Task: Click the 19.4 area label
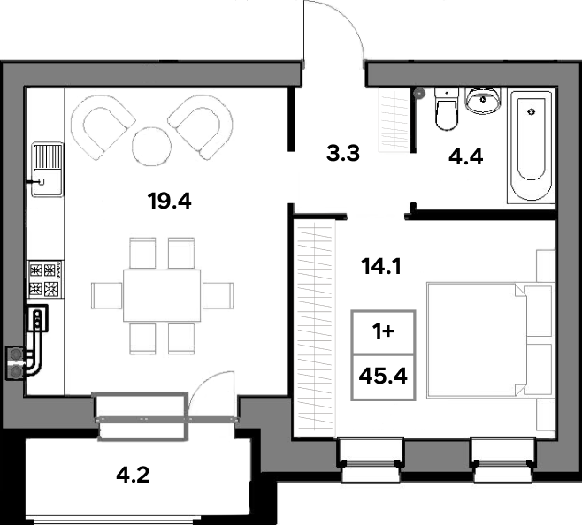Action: [x=169, y=202]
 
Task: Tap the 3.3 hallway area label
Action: [x=343, y=153]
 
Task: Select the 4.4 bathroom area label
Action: [x=466, y=156]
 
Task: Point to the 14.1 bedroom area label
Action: [x=381, y=266]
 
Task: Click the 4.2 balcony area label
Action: [x=133, y=475]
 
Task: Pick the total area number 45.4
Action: [x=383, y=376]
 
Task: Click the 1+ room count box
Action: [x=383, y=332]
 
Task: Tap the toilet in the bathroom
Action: [x=447, y=109]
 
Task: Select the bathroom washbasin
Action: [x=483, y=100]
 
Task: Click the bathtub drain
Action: [x=532, y=111]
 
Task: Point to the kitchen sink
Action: [x=47, y=170]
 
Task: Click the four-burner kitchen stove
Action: [x=45, y=279]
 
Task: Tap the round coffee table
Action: [x=152, y=146]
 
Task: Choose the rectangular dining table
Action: [x=162, y=295]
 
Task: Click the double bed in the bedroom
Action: [x=490, y=340]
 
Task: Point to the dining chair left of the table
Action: [x=107, y=296]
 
